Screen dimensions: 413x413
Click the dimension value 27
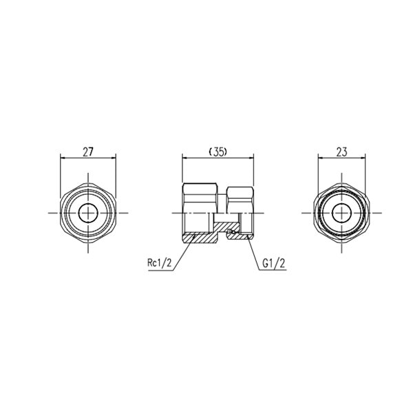click(x=88, y=152)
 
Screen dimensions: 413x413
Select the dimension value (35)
click(x=218, y=152)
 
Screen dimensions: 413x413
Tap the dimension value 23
click(x=341, y=152)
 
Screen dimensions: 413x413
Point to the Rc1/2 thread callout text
click(x=160, y=263)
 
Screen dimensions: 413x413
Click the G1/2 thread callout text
click(x=274, y=263)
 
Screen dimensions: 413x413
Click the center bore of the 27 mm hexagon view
click(x=88, y=213)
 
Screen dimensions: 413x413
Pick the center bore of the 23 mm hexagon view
click(x=342, y=213)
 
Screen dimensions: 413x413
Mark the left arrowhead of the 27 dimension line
click(x=63, y=158)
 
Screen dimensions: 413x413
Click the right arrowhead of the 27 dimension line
click(x=114, y=158)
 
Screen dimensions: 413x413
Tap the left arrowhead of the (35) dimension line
click(x=184, y=158)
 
